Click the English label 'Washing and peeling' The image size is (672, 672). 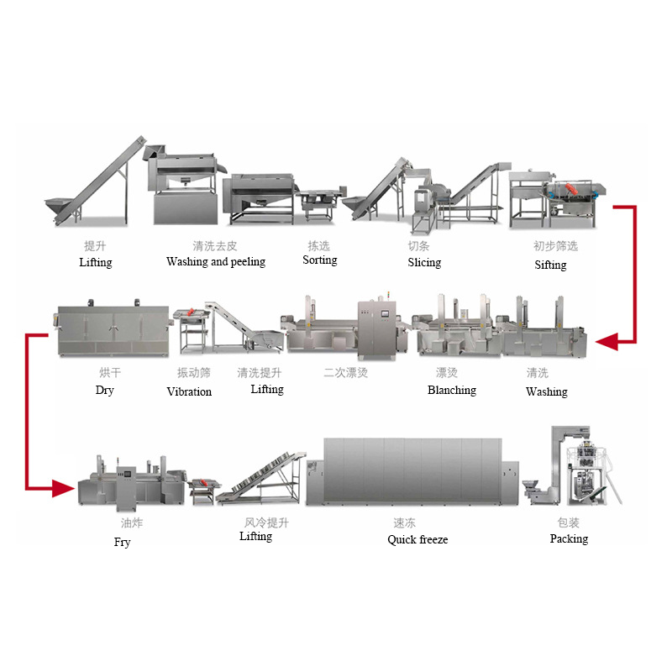(216, 262)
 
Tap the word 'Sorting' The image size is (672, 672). (320, 260)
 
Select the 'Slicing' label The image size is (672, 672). (424, 263)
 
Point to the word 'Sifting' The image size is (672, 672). (551, 265)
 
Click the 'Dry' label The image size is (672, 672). (105, 391)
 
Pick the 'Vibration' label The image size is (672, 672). (189, 392)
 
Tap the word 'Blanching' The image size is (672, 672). (452, 391)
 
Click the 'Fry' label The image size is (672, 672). (123, 543)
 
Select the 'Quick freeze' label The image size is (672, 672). (417, 540)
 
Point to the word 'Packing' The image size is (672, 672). (569, 539)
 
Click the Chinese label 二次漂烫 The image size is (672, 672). (346, 372)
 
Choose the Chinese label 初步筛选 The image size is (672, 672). (555, 246)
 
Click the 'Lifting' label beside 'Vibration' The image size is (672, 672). (267, 390)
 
